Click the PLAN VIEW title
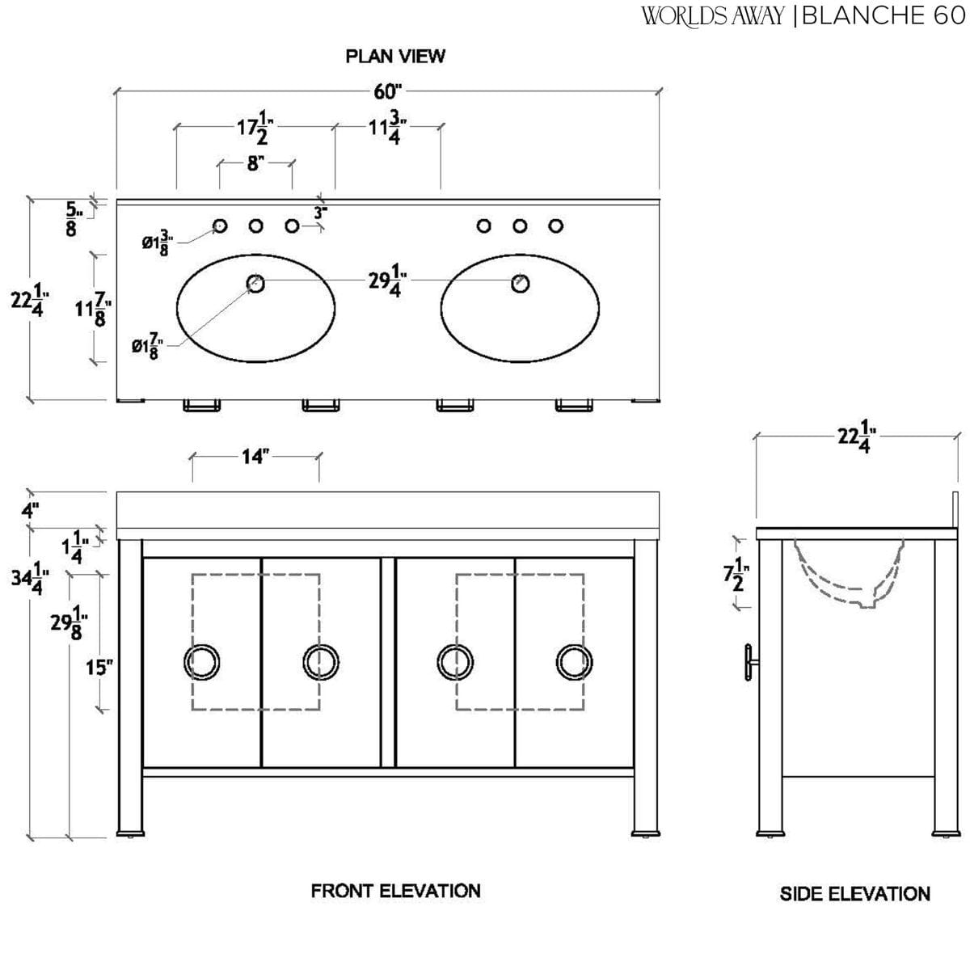click(x=395, y=56)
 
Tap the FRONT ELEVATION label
click(x=395, y=891)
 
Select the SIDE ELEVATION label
click(x=854, y=893)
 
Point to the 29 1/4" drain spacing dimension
click(x=385, y=283)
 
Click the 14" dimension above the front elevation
click(x=254, y=457)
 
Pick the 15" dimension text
click(x=98, y=668)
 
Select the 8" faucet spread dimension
click(x=255, y=163)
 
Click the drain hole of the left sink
click(x=255, y=283)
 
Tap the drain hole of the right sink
click(x=521, y=283)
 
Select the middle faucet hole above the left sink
click(x=255, y=226)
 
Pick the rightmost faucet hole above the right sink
click(x=556, y=226)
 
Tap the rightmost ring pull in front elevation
click(x=574, y=662)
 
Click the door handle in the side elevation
click(x=752, y=663)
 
